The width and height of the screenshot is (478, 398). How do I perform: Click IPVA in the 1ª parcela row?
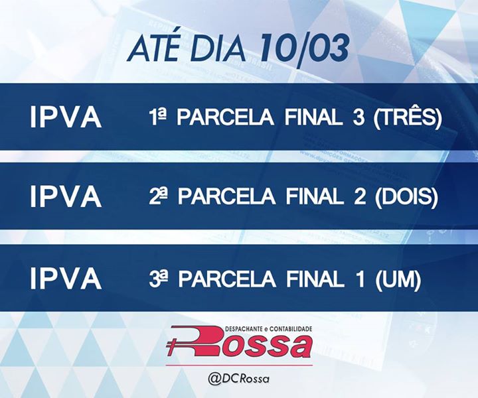66,117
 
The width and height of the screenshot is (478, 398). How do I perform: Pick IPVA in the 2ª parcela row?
66,197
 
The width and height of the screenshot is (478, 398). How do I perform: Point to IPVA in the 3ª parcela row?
66,279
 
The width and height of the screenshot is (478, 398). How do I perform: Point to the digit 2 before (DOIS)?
360,197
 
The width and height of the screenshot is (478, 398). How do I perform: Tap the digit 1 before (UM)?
360,279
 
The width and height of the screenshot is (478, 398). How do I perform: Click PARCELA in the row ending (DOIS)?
226,197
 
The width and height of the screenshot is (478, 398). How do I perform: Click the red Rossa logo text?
239,342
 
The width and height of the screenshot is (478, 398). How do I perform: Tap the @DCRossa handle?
239,379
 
